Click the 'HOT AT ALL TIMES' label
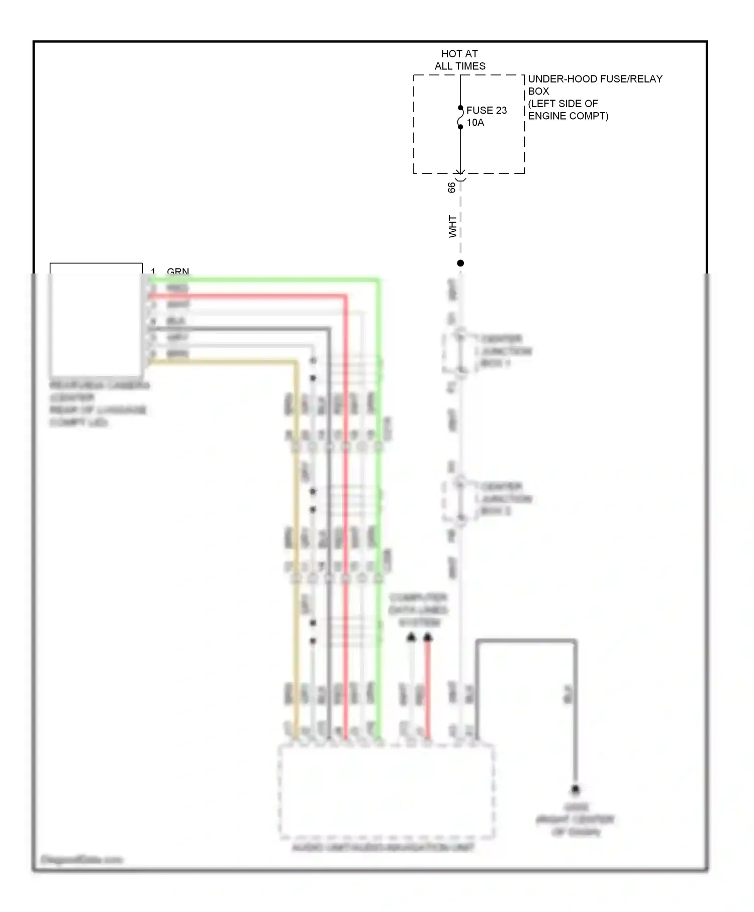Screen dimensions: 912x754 point(459,60)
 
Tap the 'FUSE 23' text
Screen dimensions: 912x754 point(486,110)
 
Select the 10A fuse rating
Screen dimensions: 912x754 point(475,123)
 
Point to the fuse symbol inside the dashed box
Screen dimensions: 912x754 point(460,118)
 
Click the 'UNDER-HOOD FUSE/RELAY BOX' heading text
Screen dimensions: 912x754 point(595,84)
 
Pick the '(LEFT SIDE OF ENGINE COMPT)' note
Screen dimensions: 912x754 point(568,110)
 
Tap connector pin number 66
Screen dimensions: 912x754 point(451,187)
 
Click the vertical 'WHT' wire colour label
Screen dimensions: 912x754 point(452,226)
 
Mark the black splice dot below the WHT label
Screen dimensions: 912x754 point(460,263)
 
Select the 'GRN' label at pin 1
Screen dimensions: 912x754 point(177,271)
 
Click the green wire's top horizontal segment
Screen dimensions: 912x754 point(261,280)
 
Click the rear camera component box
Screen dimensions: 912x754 point(96,322)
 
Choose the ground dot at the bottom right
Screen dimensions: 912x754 point(575,790)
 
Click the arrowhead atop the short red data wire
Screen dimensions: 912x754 point(427,638)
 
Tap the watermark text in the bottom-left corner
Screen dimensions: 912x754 point(81,860)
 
